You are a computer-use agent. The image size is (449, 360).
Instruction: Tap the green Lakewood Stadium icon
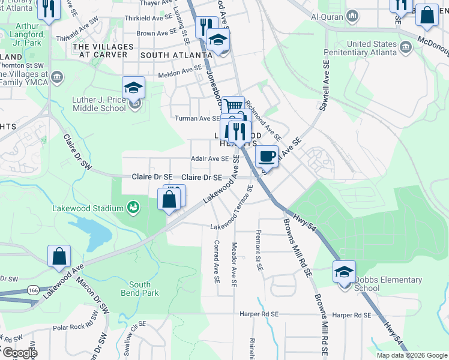pyautogui.click(x=133, y=208)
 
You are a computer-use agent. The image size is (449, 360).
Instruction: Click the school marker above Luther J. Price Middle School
pyautogui.click(x=134, y=89)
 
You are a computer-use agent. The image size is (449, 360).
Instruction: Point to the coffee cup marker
pyautogui.click(x=267, y=157)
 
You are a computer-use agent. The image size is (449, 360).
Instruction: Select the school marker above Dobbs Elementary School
pyautogui.click(x=344, y=272)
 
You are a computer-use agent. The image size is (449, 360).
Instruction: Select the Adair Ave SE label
pyautogui.click(x=209, y=159)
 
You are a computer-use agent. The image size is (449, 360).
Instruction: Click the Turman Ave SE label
pyautogui.click(x=197, y=118)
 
